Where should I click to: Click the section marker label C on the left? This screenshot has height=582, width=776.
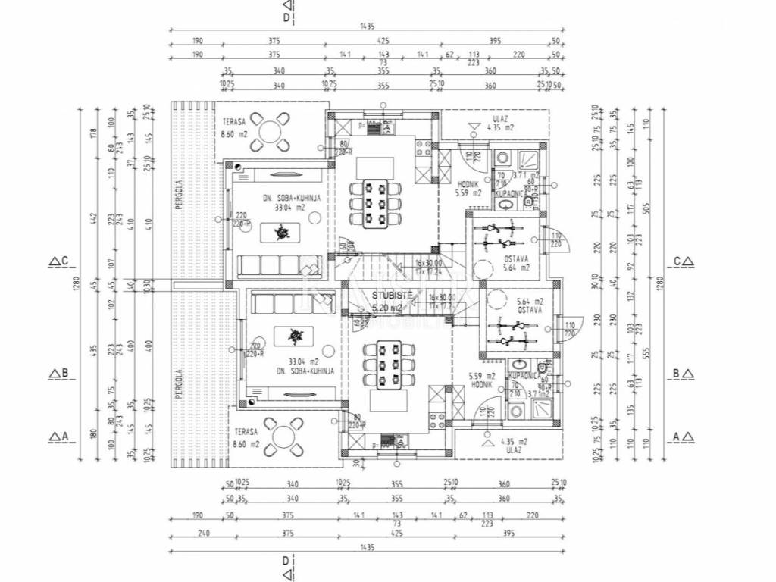(x=61, y=261)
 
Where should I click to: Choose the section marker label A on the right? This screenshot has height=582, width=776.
(x=683, y=436)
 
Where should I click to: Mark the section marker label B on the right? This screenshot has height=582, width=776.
(x=683, y=374)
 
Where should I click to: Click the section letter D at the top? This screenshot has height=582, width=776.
(x=286, y=15)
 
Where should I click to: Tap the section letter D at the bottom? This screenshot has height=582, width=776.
(x=286, y=562)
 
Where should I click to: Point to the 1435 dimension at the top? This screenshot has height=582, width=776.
(x=368, y=27)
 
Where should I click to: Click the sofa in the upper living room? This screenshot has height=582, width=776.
(x=282, y=265)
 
